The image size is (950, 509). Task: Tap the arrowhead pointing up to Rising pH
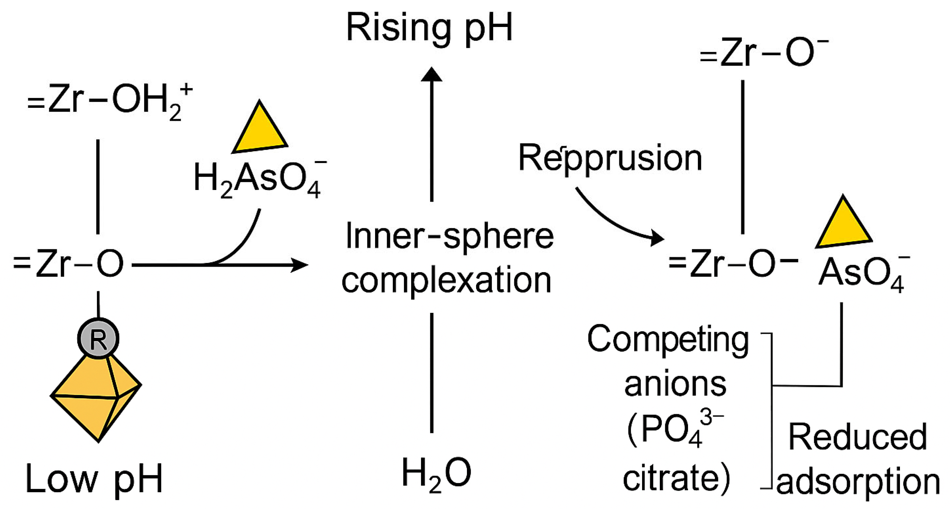(x=431, y=75)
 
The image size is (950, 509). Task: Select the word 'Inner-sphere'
(x=449, y=237)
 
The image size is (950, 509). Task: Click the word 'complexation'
(x=446, y=281)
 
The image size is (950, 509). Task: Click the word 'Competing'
(x=668, y=340)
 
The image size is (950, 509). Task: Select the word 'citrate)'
(x=676, y=478)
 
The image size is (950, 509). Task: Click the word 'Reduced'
(x=858, y=438)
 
